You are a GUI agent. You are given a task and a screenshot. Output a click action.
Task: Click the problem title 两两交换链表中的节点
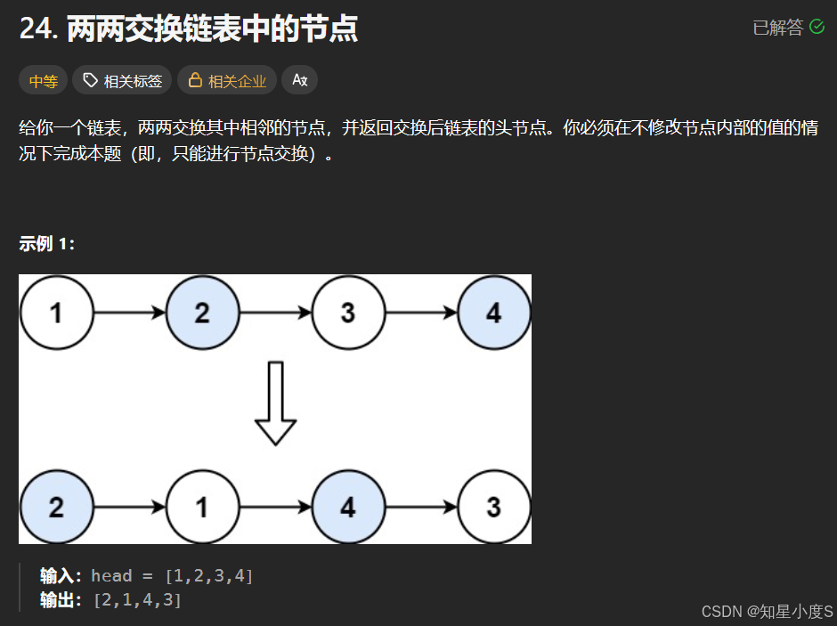(x=212, y=29)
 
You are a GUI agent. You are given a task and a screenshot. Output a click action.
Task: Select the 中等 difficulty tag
(x=43, y=81)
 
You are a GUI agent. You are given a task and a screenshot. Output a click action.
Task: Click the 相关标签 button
(x=122, y=81)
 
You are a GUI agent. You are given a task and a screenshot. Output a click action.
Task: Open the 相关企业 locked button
(x=227, y=81)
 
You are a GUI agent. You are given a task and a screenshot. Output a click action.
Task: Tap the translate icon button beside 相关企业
(x=299, y=81)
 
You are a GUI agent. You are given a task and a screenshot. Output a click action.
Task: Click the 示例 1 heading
(x=47, y=244)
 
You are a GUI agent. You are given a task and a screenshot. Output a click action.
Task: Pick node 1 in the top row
(x=56, y=313)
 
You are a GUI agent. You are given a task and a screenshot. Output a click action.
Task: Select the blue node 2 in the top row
(x=202, y=313)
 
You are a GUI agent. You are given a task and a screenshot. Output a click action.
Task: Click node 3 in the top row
(x=348, y=313)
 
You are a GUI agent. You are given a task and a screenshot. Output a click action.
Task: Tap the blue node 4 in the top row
(x=493, y=313)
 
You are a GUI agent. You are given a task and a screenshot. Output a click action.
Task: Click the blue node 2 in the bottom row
(x=56, y=507)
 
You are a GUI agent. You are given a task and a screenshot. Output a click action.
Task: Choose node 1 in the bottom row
(x=202, y=507)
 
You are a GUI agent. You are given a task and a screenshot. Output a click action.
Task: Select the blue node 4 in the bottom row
(x=348, y=507)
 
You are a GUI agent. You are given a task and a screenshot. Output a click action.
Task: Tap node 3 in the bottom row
(x=493, y=507)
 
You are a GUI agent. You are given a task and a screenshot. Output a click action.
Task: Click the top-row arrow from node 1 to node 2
(x=129, y=313)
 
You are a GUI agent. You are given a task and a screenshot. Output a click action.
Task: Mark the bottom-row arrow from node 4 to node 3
(x=420, y=507)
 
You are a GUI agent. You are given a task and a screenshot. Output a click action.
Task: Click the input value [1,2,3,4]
(x=209, y=576)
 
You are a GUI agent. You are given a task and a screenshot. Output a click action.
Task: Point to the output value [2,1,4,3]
(x=137, y=600)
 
